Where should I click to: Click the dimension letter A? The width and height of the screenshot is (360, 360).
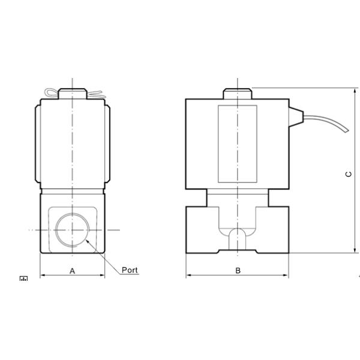tap(73, 271)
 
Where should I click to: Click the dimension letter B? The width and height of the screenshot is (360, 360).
tap(238, 271)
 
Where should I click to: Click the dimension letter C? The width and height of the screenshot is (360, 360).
tap(349, 174)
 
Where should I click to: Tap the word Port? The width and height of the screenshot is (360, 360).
tap(130, 270)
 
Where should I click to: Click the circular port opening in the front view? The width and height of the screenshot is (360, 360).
tap(72, 230)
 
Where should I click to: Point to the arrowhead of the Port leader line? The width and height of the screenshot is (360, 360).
tap(87, 240)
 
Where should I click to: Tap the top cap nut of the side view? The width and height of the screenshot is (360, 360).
tap(238, 94)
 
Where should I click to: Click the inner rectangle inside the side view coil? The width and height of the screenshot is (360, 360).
tap(237, 144)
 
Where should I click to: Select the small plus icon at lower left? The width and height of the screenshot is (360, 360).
tap(23, 279)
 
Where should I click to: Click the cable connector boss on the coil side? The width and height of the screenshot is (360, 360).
tap(295, 114)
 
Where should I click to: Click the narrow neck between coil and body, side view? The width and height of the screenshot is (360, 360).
tap(238, 197)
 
